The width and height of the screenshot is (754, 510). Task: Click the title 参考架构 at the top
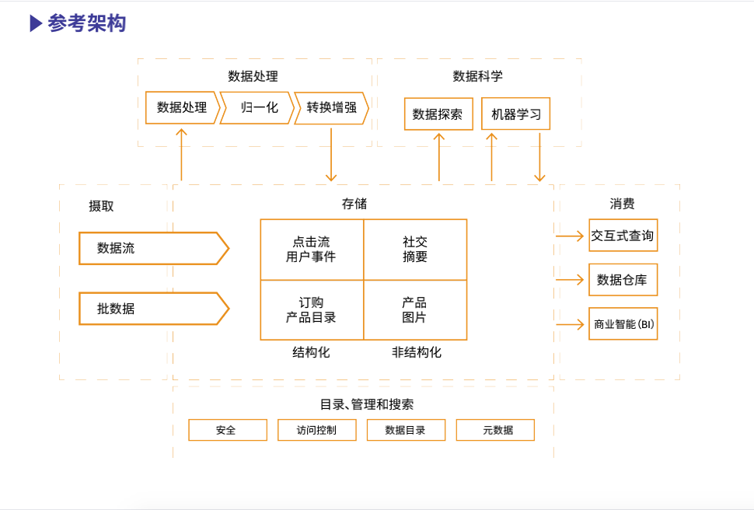86,23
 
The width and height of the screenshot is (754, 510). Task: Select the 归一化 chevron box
257,108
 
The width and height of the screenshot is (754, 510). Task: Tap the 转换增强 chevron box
331,108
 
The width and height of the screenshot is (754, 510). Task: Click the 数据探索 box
438,114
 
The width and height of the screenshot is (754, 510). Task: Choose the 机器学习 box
515,114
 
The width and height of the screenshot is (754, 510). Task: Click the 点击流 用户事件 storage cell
312,250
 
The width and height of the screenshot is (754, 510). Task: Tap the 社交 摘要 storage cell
415,250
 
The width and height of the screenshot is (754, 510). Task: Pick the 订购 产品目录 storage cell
312,310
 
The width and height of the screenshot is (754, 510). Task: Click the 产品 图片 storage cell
415,310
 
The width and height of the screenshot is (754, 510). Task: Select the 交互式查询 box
623,236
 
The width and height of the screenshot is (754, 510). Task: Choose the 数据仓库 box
623,280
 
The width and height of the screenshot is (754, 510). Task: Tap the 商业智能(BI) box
623,324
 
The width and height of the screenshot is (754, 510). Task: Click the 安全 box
227,430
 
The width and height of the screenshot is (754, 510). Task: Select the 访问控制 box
317,430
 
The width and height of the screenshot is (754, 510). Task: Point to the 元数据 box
495,430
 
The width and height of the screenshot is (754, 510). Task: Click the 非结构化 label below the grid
417,352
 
